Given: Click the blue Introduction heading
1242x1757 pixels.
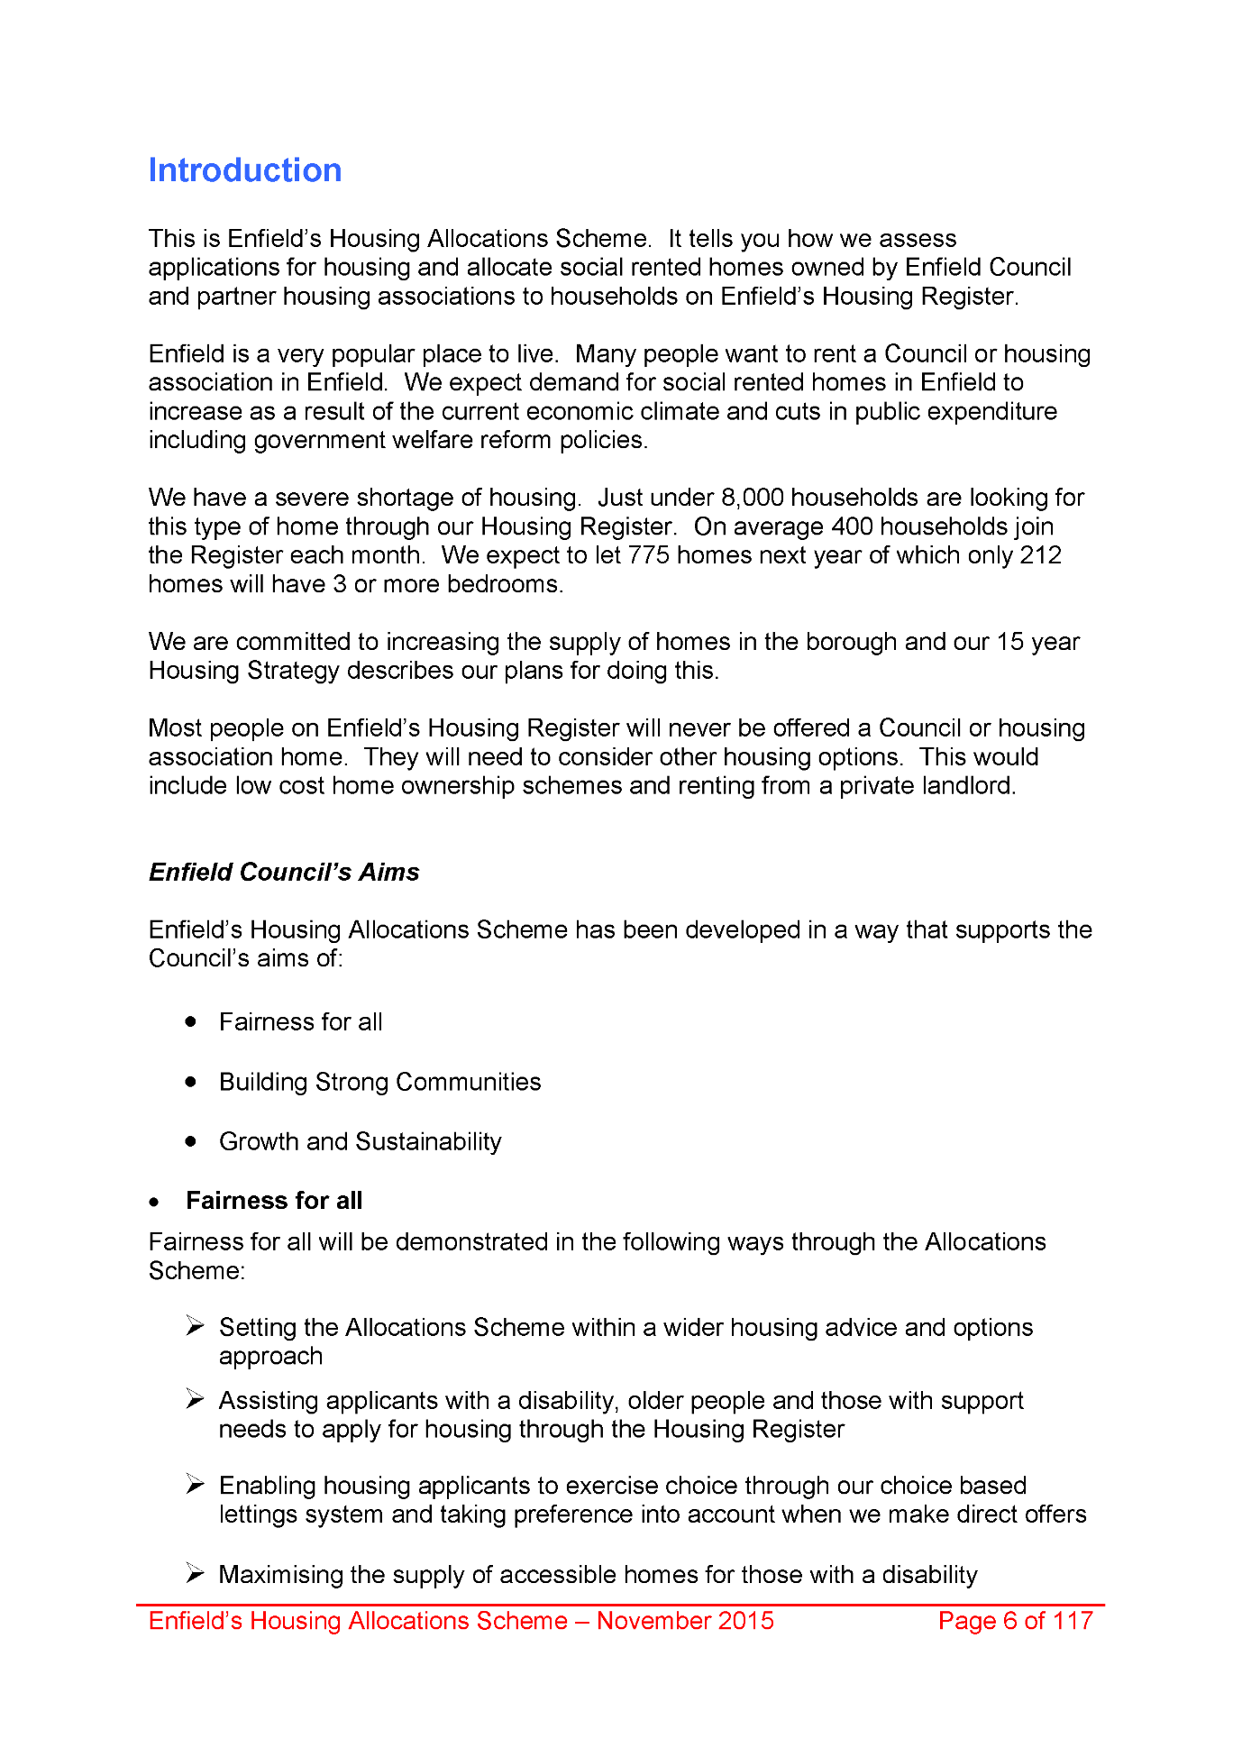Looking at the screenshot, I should point(245,170).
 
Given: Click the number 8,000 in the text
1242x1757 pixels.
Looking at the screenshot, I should point(752,498).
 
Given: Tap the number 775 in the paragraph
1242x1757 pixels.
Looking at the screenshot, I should point(648,555).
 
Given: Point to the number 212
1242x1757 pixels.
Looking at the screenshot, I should point(1040,555).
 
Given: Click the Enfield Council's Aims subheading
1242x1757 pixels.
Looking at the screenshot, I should point(284,873).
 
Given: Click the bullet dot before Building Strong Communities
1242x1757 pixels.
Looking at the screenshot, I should point(191,1082).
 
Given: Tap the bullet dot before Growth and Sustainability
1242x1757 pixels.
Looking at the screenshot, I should point(191,1141).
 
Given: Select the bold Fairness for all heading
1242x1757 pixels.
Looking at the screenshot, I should point(274,1201).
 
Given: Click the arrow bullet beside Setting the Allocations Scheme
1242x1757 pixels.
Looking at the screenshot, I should point(196,1326).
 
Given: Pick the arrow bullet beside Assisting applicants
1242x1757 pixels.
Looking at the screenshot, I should point(196,1399).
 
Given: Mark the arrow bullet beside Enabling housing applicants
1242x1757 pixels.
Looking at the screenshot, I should point(196,1484).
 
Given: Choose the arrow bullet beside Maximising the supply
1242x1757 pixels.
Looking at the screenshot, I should point(196,1574).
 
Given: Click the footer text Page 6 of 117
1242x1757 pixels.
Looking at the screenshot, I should point(1015,1621).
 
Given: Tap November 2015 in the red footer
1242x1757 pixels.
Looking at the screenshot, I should point(685,1621).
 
